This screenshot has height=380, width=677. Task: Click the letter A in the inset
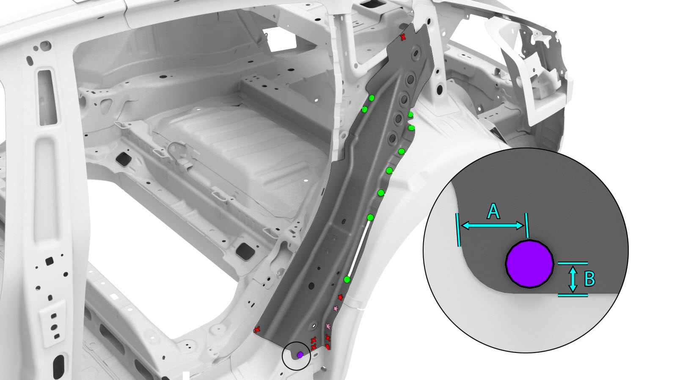click(x=493, y=211)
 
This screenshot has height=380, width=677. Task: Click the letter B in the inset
click(x=590, y=279)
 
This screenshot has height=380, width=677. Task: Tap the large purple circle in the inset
click(x=529, y=264)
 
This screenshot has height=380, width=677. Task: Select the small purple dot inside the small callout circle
click(x=300, y=355)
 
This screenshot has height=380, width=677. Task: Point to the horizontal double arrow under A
click(x=493, y=225)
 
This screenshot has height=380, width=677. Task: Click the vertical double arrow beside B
click(x=572, y=279)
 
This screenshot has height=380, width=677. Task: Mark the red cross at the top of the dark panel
click(x=403, y=38)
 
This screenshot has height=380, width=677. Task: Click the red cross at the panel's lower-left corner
click(x=257, y=330)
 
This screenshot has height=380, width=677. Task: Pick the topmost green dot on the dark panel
click(x=372, y=98)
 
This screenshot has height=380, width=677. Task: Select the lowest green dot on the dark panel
click(x=347, y=280)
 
